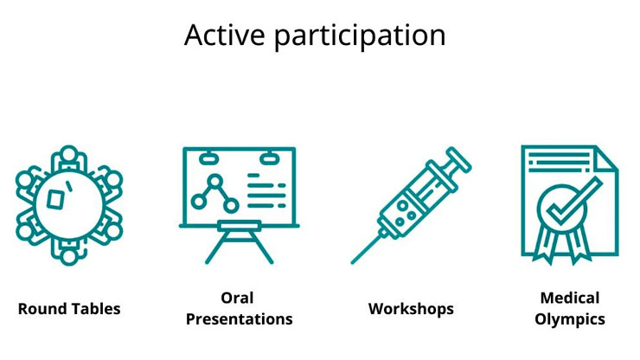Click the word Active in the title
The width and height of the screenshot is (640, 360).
coord(225,35)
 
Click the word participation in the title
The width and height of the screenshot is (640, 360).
coord(360,37)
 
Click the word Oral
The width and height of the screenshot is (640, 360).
coord(237,298)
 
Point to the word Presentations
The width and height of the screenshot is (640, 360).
coord(240,319)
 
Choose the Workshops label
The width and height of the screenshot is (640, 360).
coord(411,309)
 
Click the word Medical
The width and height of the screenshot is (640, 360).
coord(570,298)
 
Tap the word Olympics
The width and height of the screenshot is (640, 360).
coord(570,319)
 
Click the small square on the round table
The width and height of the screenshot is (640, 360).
coord(55,199)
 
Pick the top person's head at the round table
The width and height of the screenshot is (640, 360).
coord(69,154)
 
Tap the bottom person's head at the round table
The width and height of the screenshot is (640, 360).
coord(69,257)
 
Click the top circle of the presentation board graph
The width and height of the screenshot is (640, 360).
coord(214,180)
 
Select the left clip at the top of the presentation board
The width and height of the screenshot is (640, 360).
coord(208,157)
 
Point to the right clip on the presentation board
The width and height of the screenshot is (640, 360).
coord(268,157)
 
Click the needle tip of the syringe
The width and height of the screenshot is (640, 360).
coord(352,262)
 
